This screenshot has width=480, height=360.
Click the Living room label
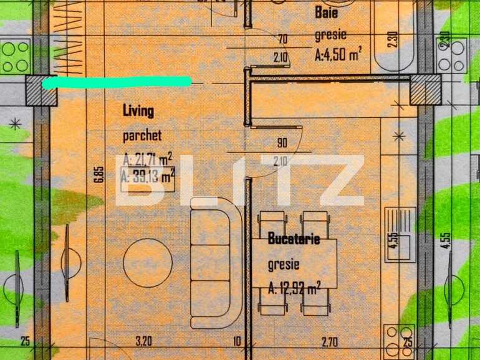pyautogui.click(x=138, y=111)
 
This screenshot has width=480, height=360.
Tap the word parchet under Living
pyautogui.click(x=142, y=135)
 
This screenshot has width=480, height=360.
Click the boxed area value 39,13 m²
pyautogui.click(x=148, y=178)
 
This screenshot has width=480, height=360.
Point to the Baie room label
pyautogui.click(x=327, y=11)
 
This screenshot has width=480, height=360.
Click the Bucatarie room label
pyautogui.click(x=294, y=239)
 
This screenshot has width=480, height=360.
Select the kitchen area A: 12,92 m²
pyautogui.click(x=294, y=288)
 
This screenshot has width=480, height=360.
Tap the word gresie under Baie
pyautogui.click(x=330, y=35)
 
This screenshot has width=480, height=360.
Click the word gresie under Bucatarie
pyautogui.click(x=284, y=265)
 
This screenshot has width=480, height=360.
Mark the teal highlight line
pyautogui.click(x=117, y=82)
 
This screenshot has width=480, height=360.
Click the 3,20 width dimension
pyautogui.click(x=144, y=341)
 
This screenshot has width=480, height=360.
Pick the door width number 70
pyautogui.click(x=282, y=39)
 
